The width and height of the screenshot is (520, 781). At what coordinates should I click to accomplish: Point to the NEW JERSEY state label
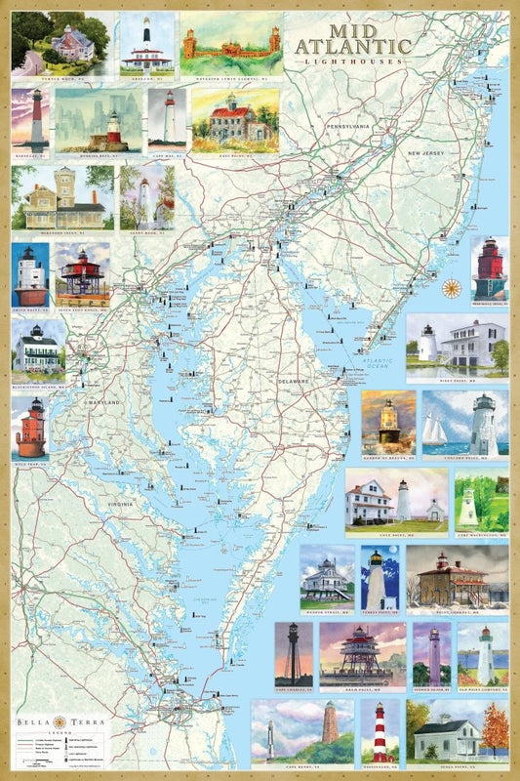[x=427, y=153]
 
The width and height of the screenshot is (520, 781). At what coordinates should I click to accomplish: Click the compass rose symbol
[x=453, y=287]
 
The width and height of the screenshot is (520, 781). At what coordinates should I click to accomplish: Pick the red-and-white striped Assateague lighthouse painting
[x=380, y=732]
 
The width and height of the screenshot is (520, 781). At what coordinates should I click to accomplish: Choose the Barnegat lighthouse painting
[x=31, y=121]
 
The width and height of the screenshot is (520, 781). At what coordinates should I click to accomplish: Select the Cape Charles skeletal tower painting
[x=293, y=651]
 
